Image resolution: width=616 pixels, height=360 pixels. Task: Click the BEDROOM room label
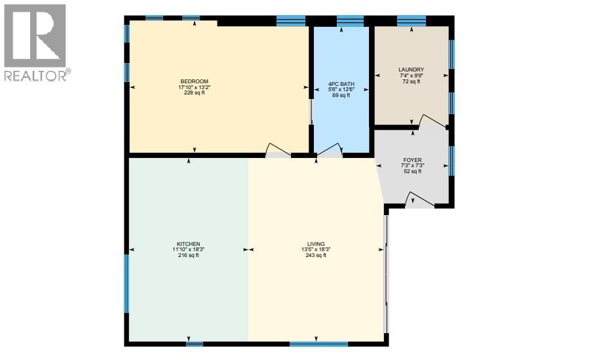191,81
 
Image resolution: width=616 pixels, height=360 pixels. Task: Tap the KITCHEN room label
188,244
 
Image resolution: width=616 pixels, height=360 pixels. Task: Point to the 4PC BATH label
341,84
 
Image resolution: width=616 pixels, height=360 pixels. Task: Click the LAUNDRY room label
411,70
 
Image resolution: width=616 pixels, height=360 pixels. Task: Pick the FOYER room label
412,159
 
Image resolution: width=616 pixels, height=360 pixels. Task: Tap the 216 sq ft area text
188,256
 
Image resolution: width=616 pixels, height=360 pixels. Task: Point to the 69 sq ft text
341,96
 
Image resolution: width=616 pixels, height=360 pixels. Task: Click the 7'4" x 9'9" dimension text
411,75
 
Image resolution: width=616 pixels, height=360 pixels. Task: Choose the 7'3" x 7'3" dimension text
412,165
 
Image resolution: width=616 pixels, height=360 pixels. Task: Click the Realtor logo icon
34,35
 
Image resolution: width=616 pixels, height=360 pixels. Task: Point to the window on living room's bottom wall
318,343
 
